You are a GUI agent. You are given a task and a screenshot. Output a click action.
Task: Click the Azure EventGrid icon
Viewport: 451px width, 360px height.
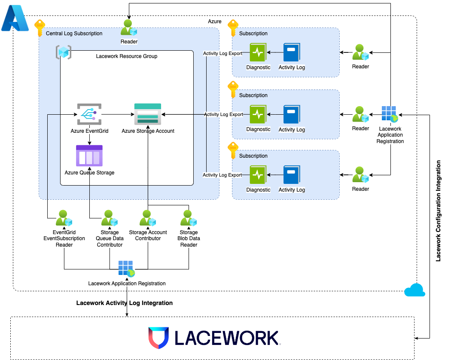pos(89,114)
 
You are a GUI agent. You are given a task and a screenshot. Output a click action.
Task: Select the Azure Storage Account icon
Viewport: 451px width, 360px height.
pos(148,114)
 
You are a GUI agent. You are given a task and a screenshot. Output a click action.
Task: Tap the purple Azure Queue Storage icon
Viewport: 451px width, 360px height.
pos(89,156)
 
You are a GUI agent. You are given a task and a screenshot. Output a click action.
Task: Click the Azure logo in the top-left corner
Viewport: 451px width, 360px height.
pos(14,19)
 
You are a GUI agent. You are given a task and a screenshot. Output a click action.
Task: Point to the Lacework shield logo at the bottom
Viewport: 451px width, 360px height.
pos(158,338)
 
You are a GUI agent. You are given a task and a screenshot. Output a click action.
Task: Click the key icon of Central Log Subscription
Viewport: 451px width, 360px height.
pos(40,27)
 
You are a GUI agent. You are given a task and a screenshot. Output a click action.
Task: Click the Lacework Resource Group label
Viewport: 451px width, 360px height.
pos(126,56)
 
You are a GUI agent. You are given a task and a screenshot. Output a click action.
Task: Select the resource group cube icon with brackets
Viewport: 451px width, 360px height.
pos(64,52)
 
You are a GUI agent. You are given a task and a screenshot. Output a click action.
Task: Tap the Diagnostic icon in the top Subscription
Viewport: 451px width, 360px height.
pos(258,53)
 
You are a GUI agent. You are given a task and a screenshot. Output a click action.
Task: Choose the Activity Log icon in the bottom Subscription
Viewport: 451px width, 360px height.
pos(292,175)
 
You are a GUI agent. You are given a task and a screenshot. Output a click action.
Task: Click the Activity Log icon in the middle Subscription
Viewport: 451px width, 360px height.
pos(292,115)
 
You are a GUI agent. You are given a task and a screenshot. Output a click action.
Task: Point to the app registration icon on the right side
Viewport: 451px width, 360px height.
pos(390,115)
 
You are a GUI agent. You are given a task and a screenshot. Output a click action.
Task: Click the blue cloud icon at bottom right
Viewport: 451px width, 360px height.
pos(414,290)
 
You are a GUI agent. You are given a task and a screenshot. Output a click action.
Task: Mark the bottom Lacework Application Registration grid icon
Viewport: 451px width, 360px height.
pos(127,268)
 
